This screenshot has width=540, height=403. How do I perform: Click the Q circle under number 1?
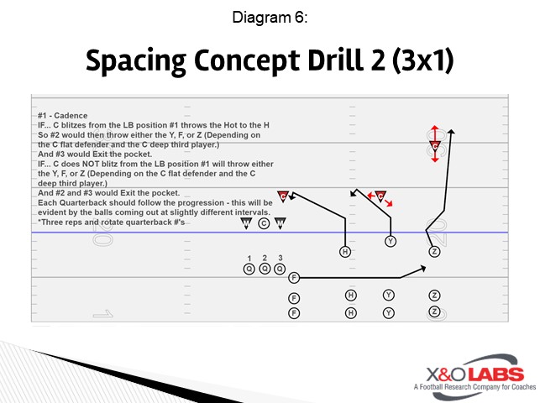249,269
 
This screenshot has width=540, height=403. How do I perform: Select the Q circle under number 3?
279,269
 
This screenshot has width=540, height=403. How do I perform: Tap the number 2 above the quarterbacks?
264,258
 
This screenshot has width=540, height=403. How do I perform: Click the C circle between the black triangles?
264,223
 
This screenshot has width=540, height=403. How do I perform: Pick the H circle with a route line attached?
344,252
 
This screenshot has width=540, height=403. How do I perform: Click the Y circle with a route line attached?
390,242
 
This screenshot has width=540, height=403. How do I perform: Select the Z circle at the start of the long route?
434,251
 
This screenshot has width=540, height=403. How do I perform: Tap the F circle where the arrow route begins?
294,277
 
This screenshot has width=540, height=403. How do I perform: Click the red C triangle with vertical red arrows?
435,145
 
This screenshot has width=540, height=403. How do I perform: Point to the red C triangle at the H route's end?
283,196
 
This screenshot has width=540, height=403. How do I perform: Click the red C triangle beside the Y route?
380,196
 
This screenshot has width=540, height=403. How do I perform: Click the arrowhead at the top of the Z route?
452,131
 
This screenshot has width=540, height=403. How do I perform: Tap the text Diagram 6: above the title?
270,18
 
